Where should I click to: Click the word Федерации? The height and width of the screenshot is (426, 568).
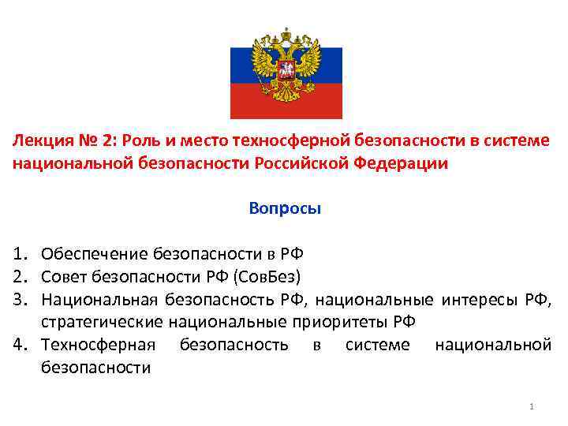tap(404, 164)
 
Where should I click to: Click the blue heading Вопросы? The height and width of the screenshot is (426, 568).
tap(284, 209)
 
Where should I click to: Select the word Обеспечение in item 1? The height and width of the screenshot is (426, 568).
tap(94, 254)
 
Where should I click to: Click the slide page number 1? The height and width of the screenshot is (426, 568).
tap(532, 406)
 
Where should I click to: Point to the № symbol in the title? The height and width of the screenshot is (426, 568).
tap(89, 141)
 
